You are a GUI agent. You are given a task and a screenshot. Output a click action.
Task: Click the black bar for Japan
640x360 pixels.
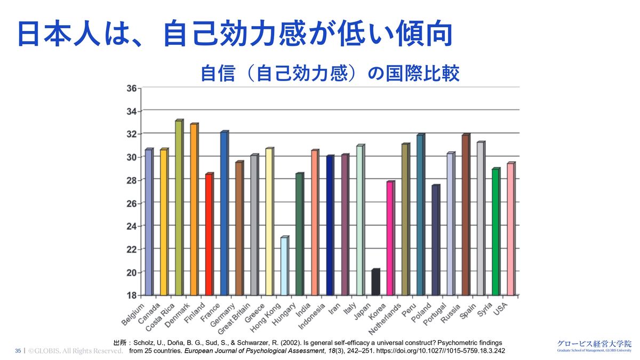tap(375, 282)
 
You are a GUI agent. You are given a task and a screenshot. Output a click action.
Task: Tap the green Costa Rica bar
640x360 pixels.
tap(179, 208)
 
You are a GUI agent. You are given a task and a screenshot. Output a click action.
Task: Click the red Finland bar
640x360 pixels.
tap(209, 235)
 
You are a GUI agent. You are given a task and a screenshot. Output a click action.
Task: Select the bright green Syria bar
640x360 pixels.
tap(495, 232)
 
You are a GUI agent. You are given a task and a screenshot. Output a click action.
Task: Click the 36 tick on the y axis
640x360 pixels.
tap(131, 88)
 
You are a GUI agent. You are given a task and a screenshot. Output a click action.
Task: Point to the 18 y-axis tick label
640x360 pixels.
tap(131, 295)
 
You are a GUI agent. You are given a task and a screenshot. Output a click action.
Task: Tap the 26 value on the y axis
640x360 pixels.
tap(131, 203)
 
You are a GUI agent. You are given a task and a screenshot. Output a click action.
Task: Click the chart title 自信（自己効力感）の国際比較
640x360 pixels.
tap(330, 74)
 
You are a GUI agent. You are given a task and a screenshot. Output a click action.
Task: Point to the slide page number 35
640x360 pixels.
tap(18, 351)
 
